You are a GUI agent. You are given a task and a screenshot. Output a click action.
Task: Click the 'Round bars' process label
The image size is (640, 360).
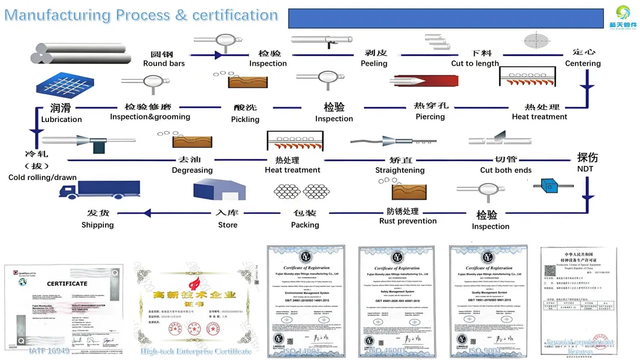(164, 63)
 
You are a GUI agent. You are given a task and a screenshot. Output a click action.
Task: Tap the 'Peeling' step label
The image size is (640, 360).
(374, 63)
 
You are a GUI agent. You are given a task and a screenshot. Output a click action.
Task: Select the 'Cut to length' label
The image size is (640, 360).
(475, 63)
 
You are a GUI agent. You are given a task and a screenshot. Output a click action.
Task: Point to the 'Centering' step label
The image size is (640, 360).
(583, 63)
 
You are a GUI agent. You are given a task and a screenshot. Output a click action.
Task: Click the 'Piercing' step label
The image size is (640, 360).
(430, 117)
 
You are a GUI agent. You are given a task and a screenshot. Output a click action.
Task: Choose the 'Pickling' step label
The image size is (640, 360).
(245, 120)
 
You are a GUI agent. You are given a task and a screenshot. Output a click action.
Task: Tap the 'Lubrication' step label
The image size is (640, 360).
(61, 120)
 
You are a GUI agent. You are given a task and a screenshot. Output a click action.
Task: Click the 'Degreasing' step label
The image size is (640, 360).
(192, 170)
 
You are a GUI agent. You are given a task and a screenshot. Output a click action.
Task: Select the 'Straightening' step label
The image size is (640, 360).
(400, 170)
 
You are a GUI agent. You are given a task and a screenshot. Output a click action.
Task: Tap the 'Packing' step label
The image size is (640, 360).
(305, 225)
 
